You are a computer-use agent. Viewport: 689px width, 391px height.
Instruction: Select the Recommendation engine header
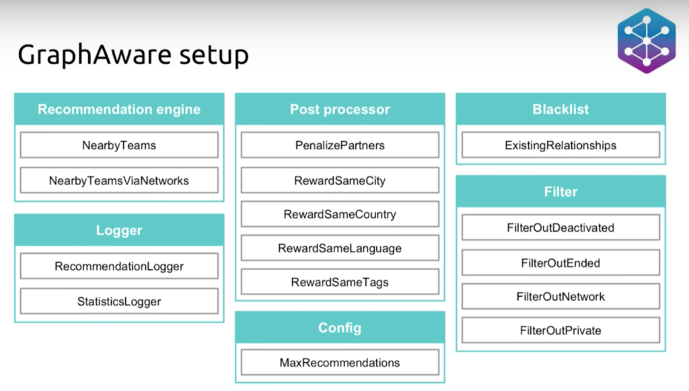[x=119, y=109]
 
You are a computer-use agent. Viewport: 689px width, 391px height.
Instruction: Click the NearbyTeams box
[x=119, y=145]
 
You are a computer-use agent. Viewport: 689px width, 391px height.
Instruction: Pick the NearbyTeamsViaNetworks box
[x=119, y=180]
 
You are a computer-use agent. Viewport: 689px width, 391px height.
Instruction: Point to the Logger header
[x=119, y=230]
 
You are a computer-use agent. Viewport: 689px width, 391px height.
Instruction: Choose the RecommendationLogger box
[x=119, y=266]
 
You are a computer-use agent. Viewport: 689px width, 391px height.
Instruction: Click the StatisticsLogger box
[x=119, y=301]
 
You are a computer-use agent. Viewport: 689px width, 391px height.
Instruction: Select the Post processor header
[x=340, y=109]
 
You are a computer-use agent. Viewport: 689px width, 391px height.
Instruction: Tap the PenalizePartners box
[x=340, y=145]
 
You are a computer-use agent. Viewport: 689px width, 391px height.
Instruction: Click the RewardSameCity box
[x=340, y=180]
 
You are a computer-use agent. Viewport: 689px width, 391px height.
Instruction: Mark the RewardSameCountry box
[x=340, y=214]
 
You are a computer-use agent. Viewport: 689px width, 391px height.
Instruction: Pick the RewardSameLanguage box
[x=340, y=248]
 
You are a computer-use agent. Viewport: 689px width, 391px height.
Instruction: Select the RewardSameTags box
[x=340, y=282]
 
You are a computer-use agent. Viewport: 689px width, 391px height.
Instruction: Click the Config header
[x=340, y=328]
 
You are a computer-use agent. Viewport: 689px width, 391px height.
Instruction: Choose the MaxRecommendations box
[x=340, y=362]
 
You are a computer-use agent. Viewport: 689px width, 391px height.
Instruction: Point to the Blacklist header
[x=560, y=109]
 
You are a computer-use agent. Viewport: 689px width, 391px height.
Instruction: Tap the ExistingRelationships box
[x=560, y=145]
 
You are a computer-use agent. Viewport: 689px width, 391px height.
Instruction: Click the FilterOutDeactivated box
[x=560, y=227]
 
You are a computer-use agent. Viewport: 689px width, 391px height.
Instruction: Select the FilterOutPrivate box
[x=560, y=330]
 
